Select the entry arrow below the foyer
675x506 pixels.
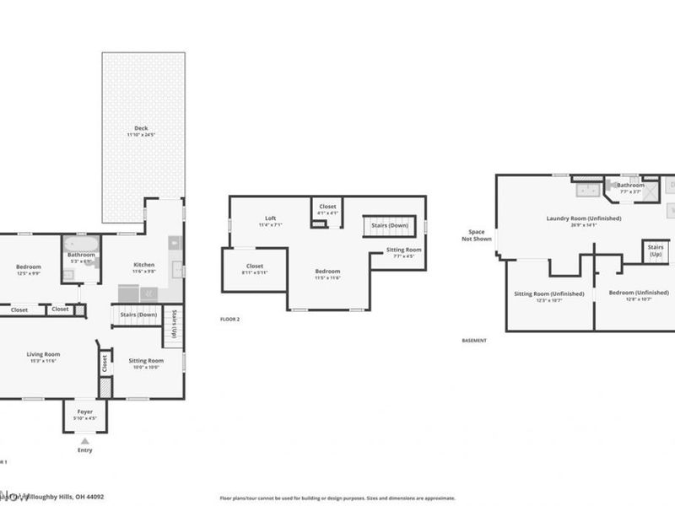coord(84,440)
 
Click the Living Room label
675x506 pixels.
coord(43,357)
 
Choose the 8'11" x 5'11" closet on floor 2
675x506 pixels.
coord(254,269)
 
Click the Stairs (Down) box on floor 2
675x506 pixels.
coord(390,226)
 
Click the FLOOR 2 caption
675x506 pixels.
coord(230,320)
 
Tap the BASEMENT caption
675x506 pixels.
coord(474,341)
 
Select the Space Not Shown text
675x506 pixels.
coord(478,234)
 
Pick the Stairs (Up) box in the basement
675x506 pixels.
coord(655,250)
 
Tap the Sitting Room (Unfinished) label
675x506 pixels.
coord(548,296)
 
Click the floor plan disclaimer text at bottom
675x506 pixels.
coord(337,498)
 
